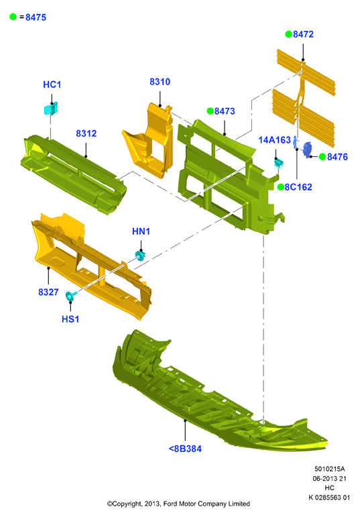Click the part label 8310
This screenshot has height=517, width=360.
[x=160, y=82]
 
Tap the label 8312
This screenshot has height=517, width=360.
[x=86, y=133]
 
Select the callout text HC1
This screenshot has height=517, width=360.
[x=52, y=84]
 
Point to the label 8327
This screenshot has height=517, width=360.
[x=48, y=292]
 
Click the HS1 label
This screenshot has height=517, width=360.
[x=70, y=319]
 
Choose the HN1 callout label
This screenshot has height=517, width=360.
[x=141, y=231]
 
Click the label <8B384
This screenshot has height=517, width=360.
[x=185, y=449]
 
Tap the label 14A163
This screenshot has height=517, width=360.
[x=274, y=140]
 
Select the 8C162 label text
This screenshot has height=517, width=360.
[x=298, y=187]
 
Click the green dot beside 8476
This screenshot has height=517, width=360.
[x=322, y=157]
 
